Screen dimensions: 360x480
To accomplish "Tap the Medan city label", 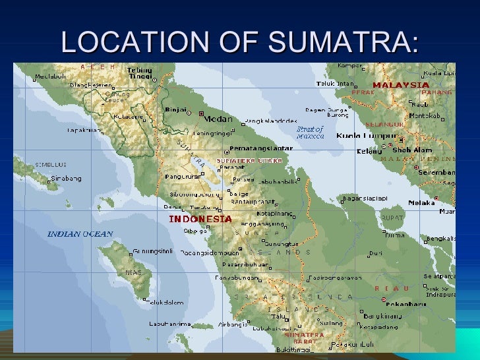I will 217,119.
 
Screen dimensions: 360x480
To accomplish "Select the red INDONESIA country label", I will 200,219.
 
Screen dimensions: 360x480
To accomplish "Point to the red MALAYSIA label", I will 401,85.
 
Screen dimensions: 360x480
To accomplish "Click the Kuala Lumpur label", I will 361,136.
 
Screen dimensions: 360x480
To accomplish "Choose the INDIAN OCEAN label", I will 80,234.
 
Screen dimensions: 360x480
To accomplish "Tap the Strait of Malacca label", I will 310,132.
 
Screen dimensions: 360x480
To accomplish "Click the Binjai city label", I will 176,111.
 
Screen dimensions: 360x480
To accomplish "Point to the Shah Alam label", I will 412,150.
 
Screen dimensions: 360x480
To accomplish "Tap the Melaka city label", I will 421,203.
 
